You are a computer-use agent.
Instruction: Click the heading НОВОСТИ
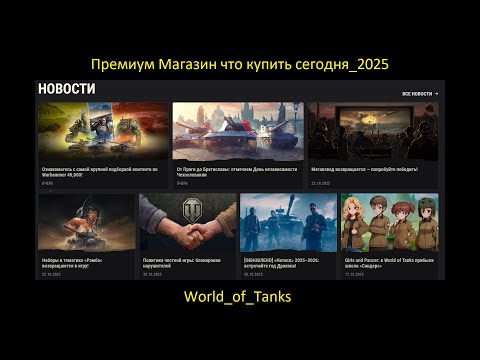pos(67,89)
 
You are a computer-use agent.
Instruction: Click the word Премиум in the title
pos(120,63)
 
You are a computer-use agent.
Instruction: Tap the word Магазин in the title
pos(189,63)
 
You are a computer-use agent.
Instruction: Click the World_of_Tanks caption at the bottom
pos(238,297)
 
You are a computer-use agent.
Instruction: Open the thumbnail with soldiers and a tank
pos(288,222)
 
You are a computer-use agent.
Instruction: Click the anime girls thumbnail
pos(389,222)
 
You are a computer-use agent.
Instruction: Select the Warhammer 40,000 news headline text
pos(100,172)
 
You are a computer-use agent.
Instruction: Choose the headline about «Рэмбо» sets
pos(85,263)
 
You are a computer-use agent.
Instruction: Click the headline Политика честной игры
pos(187,261)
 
